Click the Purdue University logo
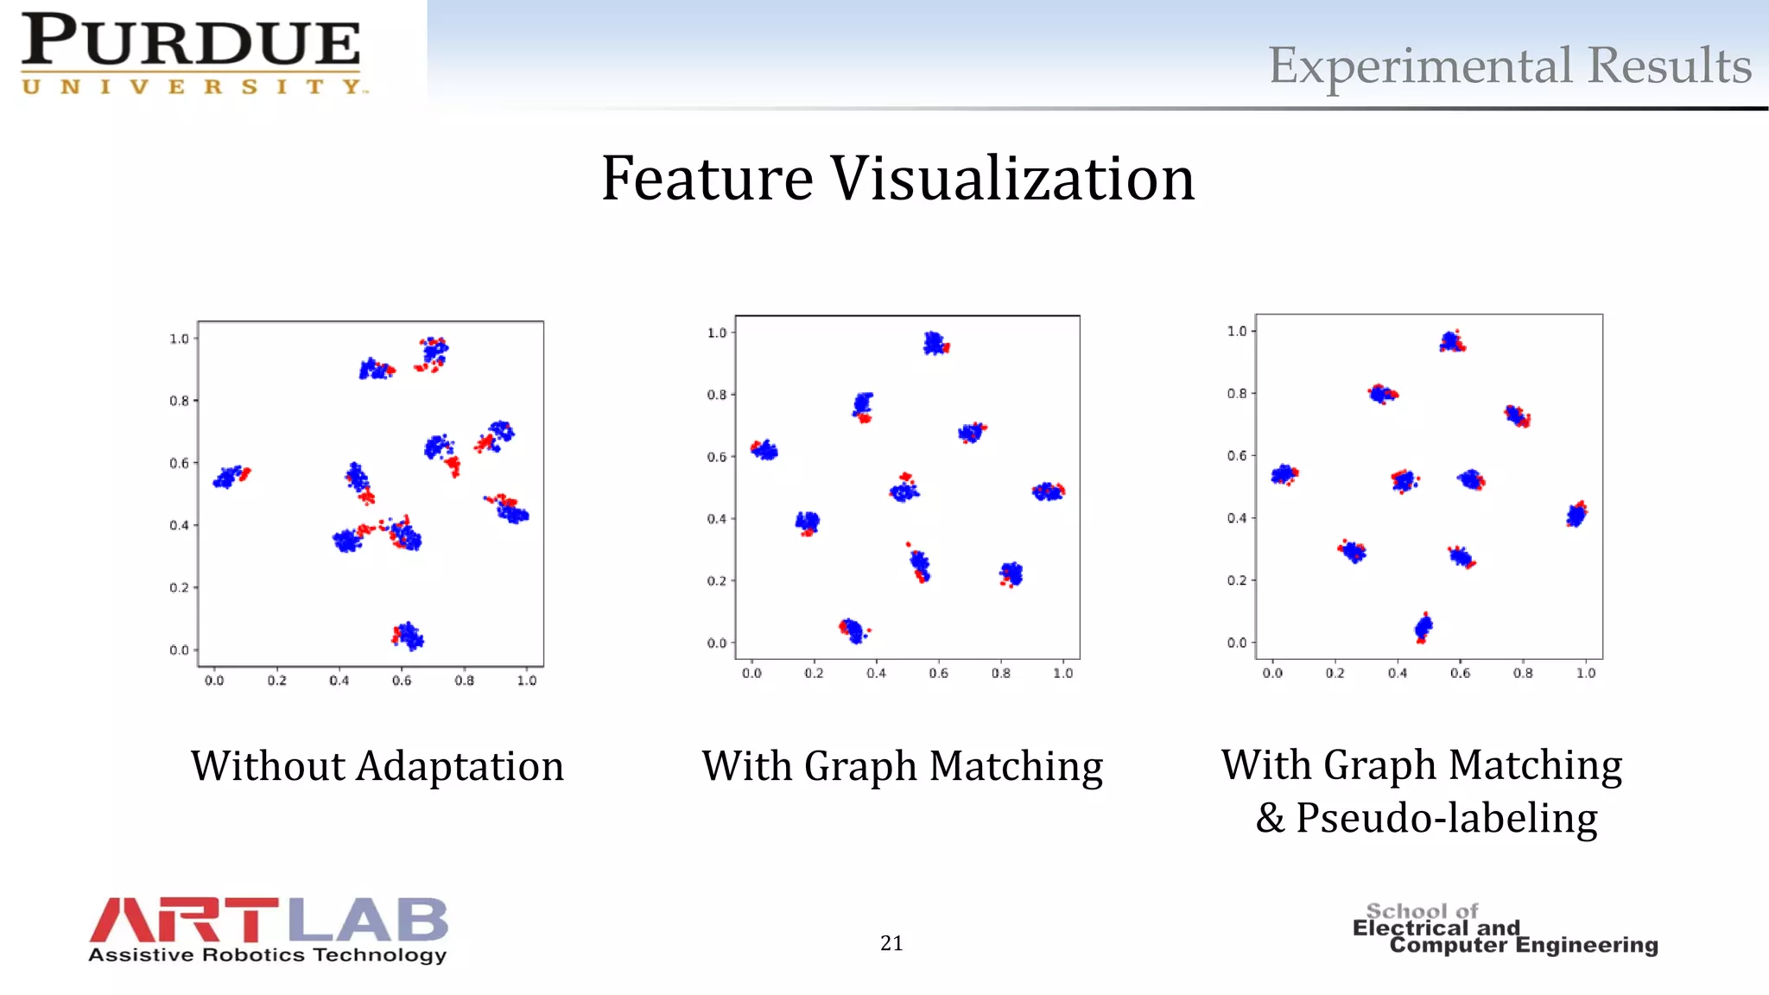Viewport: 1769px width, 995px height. tap(192, 54)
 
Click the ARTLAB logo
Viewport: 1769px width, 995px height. tap(268, 929)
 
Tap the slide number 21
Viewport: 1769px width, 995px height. tap(891, 943)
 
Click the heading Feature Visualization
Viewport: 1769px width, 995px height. tap(897, 178)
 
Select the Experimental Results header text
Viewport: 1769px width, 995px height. tap(1509, 66)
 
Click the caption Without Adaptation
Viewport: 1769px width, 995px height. tap(377, 766)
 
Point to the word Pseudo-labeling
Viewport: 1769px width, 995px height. tap(1447, 818)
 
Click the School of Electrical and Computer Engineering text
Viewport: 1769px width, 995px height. tap(1505, 929)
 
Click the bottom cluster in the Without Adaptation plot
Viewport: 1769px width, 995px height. tap(408, 637)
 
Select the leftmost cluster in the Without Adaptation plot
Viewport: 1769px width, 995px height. tap(230, 476)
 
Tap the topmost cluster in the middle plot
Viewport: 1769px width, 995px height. tap(935, 344)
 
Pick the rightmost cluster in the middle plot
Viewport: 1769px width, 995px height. tap(1048, 491)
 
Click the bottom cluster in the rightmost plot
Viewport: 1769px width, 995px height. tap(1423, 628)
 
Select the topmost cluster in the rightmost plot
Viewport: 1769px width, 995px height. tap(1452, 341)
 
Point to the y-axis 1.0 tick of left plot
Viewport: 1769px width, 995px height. tap(179, 339)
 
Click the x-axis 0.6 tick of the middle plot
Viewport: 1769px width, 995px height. tap(938, 673)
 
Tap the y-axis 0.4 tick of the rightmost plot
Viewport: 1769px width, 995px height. tap(1237, 518)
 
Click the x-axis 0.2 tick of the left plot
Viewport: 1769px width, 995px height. tap(276, 681)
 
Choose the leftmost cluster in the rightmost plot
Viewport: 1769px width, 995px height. tap(1284, 474)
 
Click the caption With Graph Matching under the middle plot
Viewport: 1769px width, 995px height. tap(902, 766)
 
